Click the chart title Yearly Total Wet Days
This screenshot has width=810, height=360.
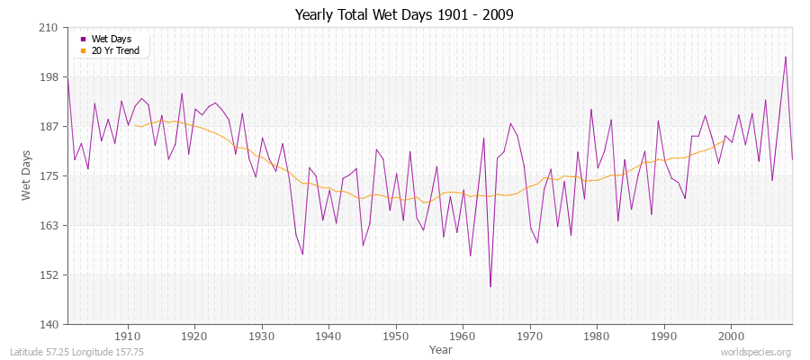pos(404,15)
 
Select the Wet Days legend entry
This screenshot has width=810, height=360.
pos(112,39)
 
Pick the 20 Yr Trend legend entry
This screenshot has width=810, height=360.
pos(115,50)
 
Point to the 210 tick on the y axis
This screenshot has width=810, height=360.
pos(49,28)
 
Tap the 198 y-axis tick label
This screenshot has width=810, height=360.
pos(49,77)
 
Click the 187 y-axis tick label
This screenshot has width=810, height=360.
pos(49,127)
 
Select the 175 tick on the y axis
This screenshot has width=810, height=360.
pos(49,176)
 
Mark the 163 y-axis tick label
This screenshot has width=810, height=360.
pos(49,226)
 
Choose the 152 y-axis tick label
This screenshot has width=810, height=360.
pos(49,275)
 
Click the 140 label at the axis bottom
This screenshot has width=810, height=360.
pos(49,324)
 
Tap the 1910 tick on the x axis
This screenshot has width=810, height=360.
pos(128,336)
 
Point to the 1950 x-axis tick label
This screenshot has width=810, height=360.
pos(395,336)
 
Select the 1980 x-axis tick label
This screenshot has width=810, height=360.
pos(596,336)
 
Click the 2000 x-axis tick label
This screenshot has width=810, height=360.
pos(730,336)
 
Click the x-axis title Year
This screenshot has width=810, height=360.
pos(441,348)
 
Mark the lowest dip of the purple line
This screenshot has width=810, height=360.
pos(490,286)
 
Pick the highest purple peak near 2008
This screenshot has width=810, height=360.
pos(786,57)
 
